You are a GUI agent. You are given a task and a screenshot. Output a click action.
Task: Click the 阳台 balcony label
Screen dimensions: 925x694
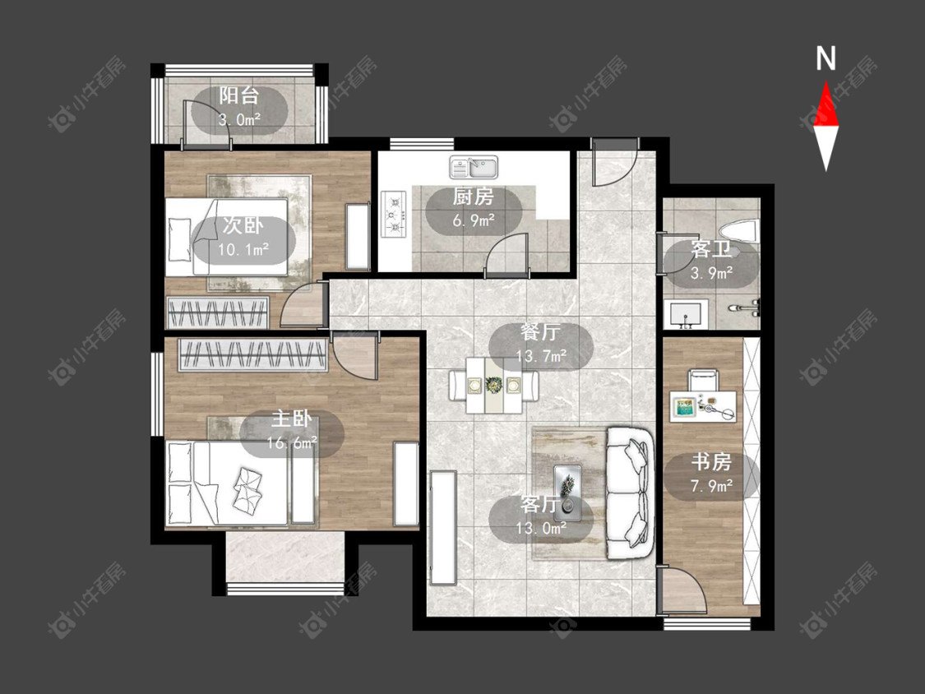pyautogui.click(x=239, y=95)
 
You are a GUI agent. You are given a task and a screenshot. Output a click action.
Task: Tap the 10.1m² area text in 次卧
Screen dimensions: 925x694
pyautogui.click(x=243, y=249)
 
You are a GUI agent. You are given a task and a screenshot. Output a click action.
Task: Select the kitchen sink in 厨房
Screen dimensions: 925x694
pyautogui.click(x=474, y=167)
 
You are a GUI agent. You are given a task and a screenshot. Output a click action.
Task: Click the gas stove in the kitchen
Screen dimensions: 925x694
pyautogui.click(x=394, y=214)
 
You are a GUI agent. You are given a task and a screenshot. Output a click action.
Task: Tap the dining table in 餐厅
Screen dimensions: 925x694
pyautogui.click(x=494, y=386)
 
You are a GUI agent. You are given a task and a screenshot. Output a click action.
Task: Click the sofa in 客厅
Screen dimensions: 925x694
pyautogui.click(x=630, y=493)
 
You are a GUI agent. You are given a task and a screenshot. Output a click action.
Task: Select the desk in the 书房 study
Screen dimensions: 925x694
pyautogui.click(x=703, y=406)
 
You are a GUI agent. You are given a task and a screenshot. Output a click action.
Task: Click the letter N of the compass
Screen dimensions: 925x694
pyautogui.click(x=826, y=59)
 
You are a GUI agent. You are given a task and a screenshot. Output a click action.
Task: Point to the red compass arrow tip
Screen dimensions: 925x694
pyautogui.click(x=826, y=81)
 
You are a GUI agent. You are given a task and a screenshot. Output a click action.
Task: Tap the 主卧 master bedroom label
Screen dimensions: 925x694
pyautogui.click(x=291, y=419)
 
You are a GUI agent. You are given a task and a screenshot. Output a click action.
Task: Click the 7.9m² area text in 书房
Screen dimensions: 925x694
pyautogui.click(x=712, y=486)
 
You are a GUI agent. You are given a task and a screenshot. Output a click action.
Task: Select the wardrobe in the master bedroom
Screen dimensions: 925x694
pyautogui.click(x=253, y=354)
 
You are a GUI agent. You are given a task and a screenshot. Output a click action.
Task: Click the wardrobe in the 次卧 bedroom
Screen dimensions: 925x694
pyautogui.click(x=217, y=312)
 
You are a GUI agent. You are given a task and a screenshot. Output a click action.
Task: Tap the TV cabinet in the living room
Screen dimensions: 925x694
pyautogui.click(x=444, y=527)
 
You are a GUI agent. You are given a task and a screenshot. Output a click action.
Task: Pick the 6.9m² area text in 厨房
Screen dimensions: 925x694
pyautogui.click(x=474, y=220)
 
